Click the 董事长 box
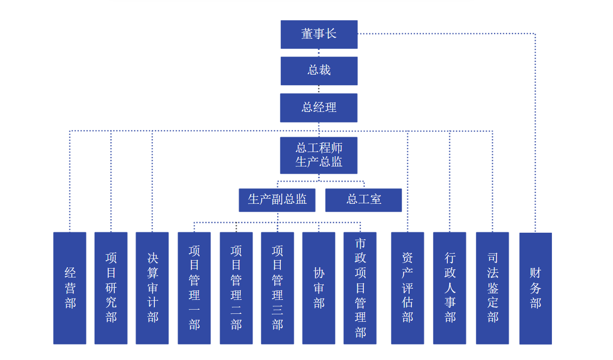click(319, 34)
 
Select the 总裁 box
click(319, 71)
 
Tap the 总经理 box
click(319, 108)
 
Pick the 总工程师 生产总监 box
click(319, 155)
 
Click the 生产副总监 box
click(277, 200)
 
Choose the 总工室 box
click(363, 200)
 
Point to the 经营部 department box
click(70, 288)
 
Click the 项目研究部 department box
click(111, 288)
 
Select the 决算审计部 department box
click(153, 288)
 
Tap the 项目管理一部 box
click(194, 288)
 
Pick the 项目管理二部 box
click(236, 288)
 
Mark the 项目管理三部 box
click(278, 288)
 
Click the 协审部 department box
click(319, 288)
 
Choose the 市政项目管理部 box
click(360, 288)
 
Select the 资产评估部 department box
click(408, 288)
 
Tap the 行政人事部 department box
click(450, 288)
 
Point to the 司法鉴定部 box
click(493, 288)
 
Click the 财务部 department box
click(536, 288)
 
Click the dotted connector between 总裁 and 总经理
click(319, 90)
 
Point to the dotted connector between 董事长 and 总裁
click(319, 53)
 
